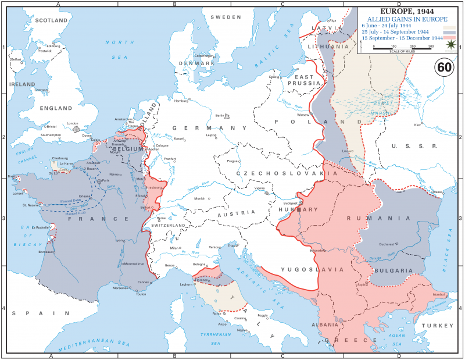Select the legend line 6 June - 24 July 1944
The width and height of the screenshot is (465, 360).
click(387, 26)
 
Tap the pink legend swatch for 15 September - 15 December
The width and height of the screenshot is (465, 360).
click(450, 39)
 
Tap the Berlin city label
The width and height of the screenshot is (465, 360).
click(219, 116)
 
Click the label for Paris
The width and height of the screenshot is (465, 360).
click(106, 181)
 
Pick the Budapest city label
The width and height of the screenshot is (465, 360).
click(291, 204)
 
